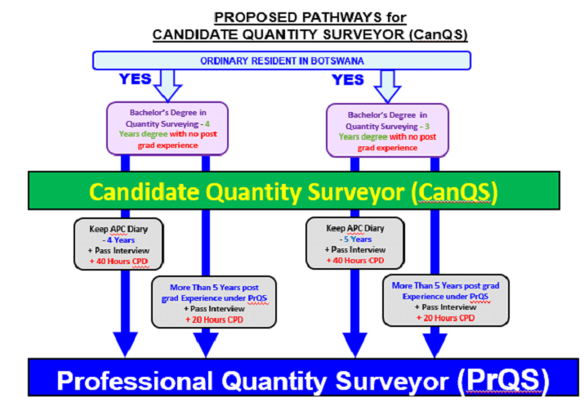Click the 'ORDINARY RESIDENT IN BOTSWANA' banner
(282, 60)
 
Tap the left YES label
(136, 79)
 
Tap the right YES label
(347, 80)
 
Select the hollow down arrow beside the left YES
(167, 86)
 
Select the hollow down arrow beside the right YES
(387, 87)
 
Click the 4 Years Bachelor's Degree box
(167, 128)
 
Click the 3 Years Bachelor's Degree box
(387, 131)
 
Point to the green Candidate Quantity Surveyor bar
(294, 190)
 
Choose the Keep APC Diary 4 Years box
(118, 244)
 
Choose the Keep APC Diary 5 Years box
(355, 243)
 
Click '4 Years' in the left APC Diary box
(121, 240)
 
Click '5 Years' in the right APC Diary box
(358, 240)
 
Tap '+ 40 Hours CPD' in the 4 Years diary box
(118, 262)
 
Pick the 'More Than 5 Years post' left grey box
(214, 302)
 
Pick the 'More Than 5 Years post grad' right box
(446, 301)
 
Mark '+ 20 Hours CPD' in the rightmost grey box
(445, 318)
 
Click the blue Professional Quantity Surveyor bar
(303, 378)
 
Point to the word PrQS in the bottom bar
(503, 380)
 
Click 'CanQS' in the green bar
(454, 191)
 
